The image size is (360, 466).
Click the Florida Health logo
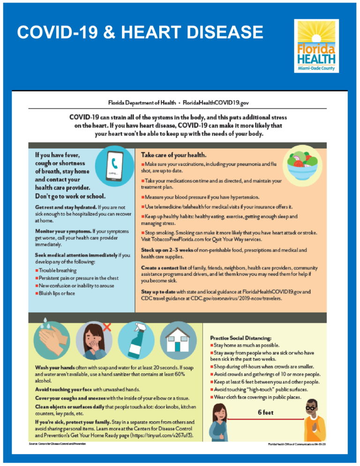tap(316, 46)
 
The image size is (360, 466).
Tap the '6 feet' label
tap(265, 413)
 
